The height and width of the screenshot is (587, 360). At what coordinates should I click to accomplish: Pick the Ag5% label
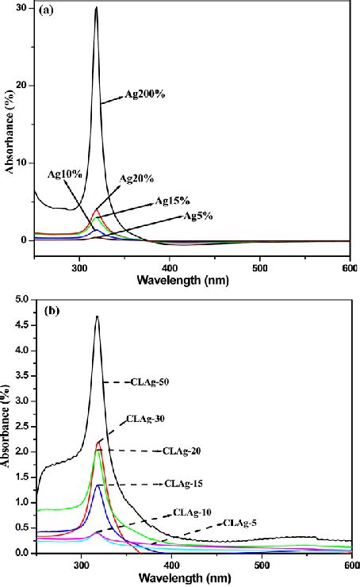coord(201,216)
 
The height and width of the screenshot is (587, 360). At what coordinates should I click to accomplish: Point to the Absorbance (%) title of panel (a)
coord(8,134)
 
